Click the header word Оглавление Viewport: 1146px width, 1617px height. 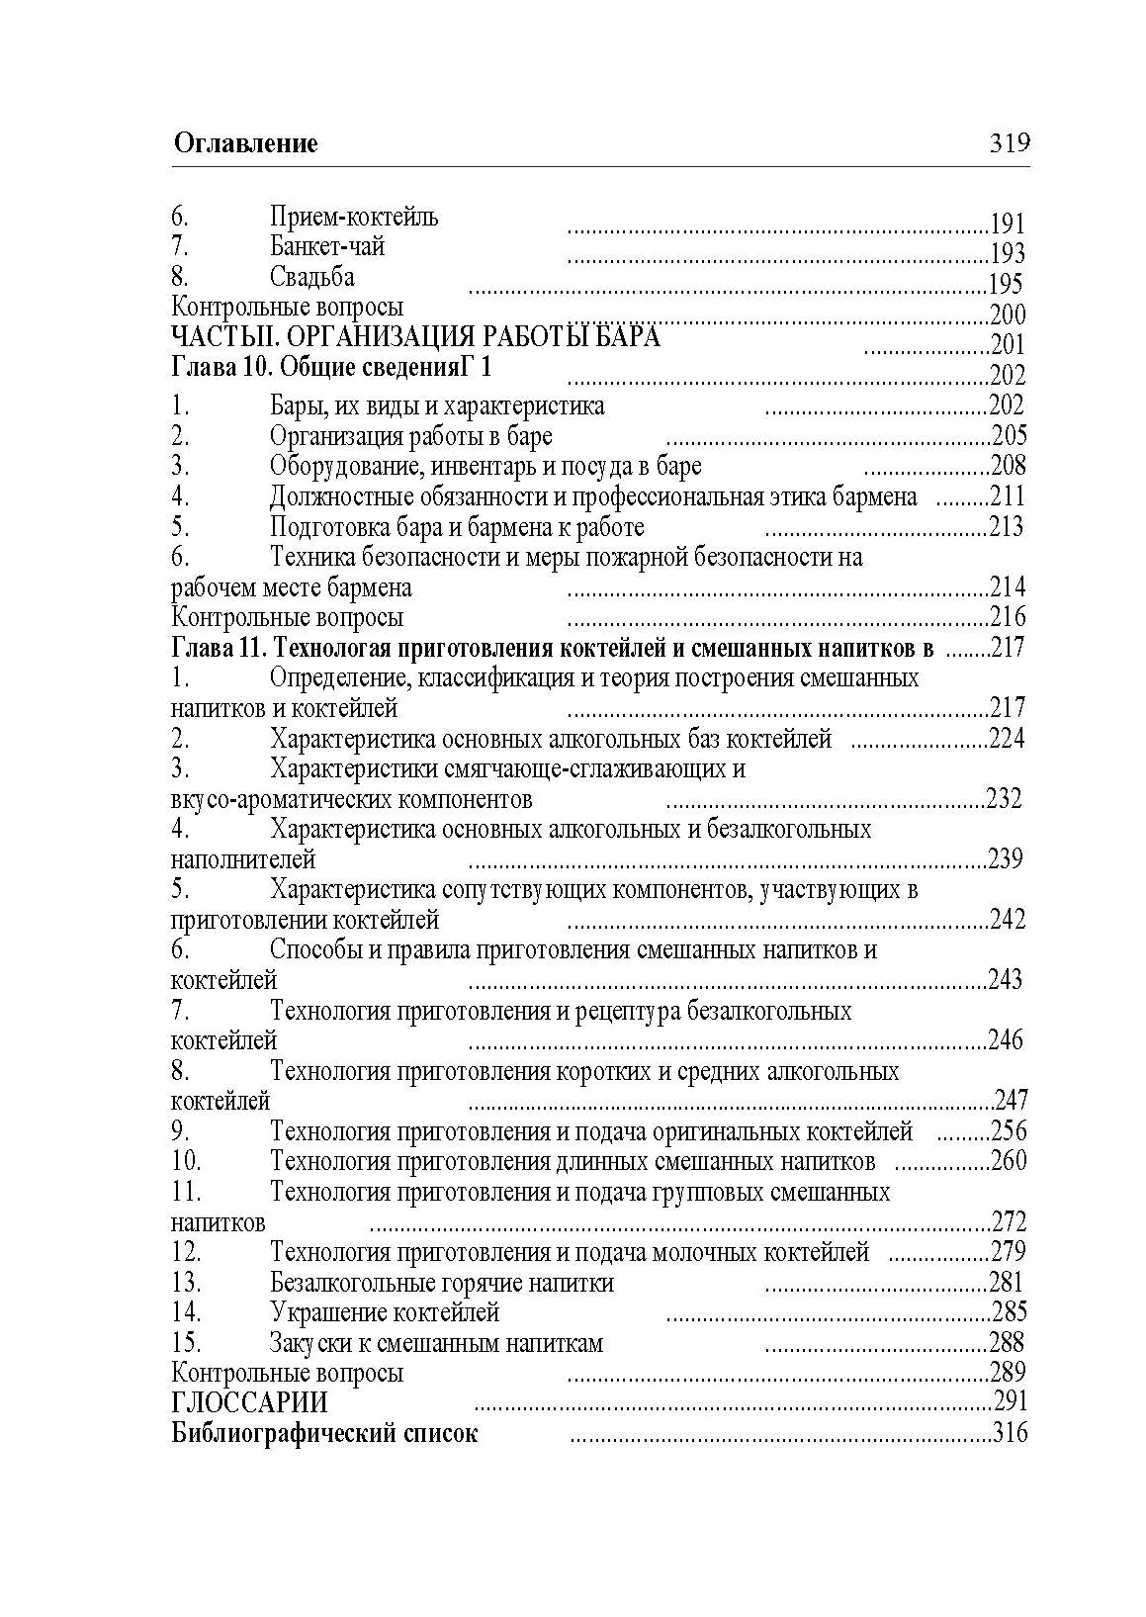tap(245, 143)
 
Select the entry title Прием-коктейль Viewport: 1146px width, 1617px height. tap(353, 217)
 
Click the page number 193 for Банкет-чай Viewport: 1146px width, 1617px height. tap(1007, 254)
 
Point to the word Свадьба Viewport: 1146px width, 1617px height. tap(311, 277)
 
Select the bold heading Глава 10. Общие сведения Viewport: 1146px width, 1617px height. tap(331, 368)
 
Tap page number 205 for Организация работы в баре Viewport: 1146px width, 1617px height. tap(1009, 436)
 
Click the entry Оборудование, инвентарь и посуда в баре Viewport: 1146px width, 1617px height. tap(485, 466)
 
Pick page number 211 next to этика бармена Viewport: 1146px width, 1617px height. tap(1008, 496)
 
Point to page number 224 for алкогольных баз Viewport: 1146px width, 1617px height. tap(1007, 739)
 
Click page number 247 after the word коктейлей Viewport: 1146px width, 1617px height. tap(1011, 1100)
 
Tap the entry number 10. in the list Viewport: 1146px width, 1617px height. tap(186, 1161)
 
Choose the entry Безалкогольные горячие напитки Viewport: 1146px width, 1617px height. tap(441, 1283)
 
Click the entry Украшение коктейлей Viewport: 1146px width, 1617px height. tap(384, 1312)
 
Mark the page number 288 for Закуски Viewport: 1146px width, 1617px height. tap(1007, 1343)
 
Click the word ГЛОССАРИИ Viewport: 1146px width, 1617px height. tap(248, 1402)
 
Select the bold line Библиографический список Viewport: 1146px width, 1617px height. tap(323, 1433)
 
